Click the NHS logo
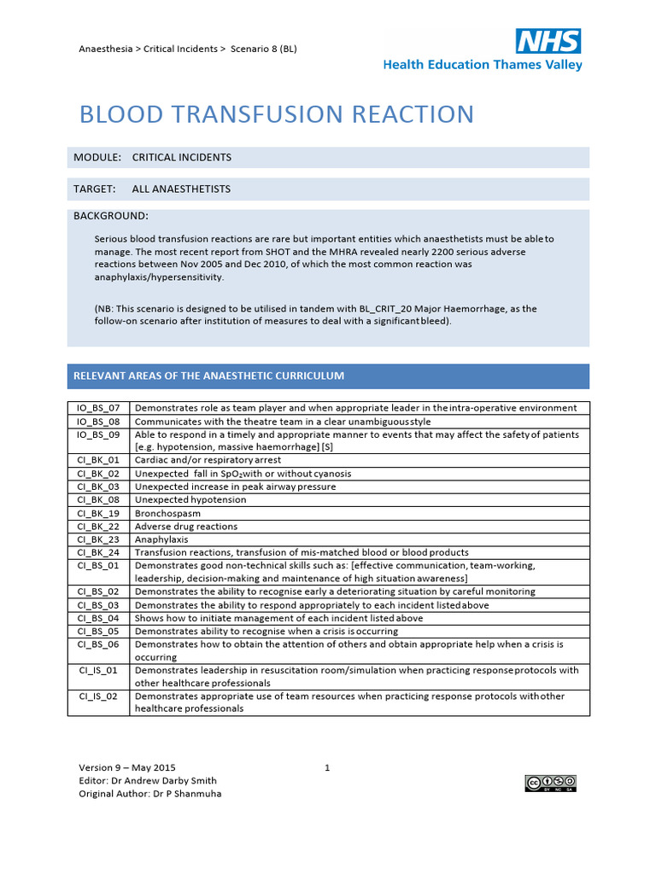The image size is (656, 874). [x=548, y=41]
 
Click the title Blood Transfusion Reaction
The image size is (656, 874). [x=276, y=114]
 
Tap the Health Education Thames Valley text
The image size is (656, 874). [x=483, y=65]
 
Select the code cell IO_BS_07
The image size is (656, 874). [x=98, y=408]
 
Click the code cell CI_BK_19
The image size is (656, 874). [x=98, y=514]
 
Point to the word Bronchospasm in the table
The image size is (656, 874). [x=167, y=514]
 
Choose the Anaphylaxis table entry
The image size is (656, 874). [x=161, y=539]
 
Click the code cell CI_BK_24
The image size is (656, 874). [x=98, y=552]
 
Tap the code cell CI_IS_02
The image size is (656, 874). [x=98, y=696]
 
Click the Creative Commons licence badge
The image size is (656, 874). [x=550, y=784]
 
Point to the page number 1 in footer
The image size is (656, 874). [x=327, y=767]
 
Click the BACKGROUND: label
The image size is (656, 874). [x=111, y=216]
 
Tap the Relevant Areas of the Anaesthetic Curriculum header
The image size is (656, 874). [x=208, y=376]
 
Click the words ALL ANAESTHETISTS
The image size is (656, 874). [x=181, y=189]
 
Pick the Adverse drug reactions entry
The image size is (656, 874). [x=186, y=527]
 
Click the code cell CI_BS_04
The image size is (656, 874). [x=98, y=618]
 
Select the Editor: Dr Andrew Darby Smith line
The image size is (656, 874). [x=148, y=780]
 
